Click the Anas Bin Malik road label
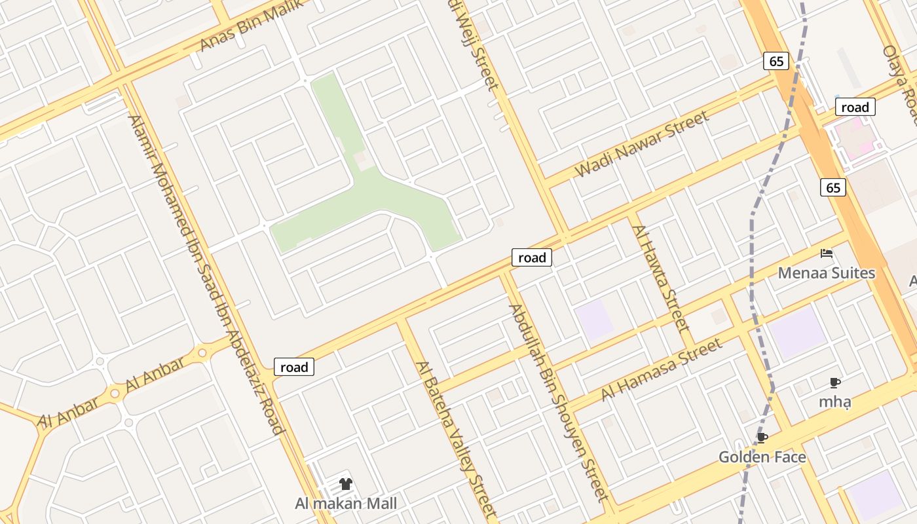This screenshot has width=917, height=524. click(x=252, y=25)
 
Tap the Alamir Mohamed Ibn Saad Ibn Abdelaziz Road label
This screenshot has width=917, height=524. click(x=206, y=275)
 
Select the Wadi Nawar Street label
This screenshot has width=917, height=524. click(x=642, y=144)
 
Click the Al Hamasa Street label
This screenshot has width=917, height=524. click(x=662, y=369)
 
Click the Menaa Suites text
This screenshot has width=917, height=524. click(x=827, y=273)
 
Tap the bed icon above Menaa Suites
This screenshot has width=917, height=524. click(x=827, y=253)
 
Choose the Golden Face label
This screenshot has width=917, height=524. click(x=762, y=457)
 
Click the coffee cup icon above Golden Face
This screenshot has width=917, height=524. click(x=762, y=438)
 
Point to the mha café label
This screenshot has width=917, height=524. click(x=834, y=402)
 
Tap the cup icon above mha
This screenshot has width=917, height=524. click(x=834, y=383)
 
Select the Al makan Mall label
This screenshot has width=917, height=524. click(x=346, y=504)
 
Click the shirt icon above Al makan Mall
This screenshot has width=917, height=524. click(x=346, y=484)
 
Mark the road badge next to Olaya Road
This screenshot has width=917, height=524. click(x=855, y=107)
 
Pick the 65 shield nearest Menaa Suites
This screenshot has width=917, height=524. click(x=833, y=188)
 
